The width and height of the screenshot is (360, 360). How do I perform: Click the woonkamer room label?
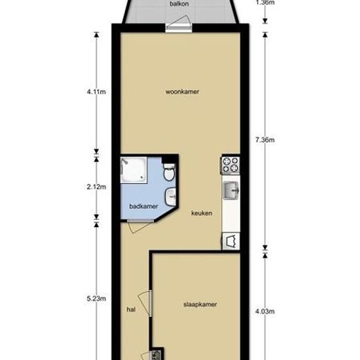click(183, 92)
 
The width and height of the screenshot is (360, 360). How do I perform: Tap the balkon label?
click(179, 4)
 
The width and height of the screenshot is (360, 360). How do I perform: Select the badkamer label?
click(144, 206)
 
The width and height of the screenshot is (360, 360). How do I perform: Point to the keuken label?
click(202, 213)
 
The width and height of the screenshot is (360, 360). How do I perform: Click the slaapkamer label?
click(200, 304)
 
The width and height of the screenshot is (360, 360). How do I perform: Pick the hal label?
click(131, 310)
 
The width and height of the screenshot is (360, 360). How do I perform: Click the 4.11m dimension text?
click(96, 92)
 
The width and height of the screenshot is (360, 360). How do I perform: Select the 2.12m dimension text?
click(96, 187)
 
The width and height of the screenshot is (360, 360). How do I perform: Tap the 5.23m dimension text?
click(96, 298)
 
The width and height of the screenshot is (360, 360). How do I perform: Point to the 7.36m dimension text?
click(265, 139)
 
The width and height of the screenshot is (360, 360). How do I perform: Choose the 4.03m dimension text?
click(265, 312)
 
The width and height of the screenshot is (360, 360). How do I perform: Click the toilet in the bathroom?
click(170, 171)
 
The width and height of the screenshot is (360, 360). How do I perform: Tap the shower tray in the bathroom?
click(134, 170)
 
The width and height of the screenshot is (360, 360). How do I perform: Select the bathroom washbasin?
click(171, 196)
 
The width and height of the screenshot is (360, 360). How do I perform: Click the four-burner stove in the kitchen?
click(230, 165)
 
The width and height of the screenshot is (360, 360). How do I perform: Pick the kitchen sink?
click(231, 190)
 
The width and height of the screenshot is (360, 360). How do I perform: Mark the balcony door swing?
click(179, 22)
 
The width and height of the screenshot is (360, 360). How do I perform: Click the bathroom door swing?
click(140, 227)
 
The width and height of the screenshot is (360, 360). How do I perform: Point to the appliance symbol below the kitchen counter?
click(231, 241)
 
